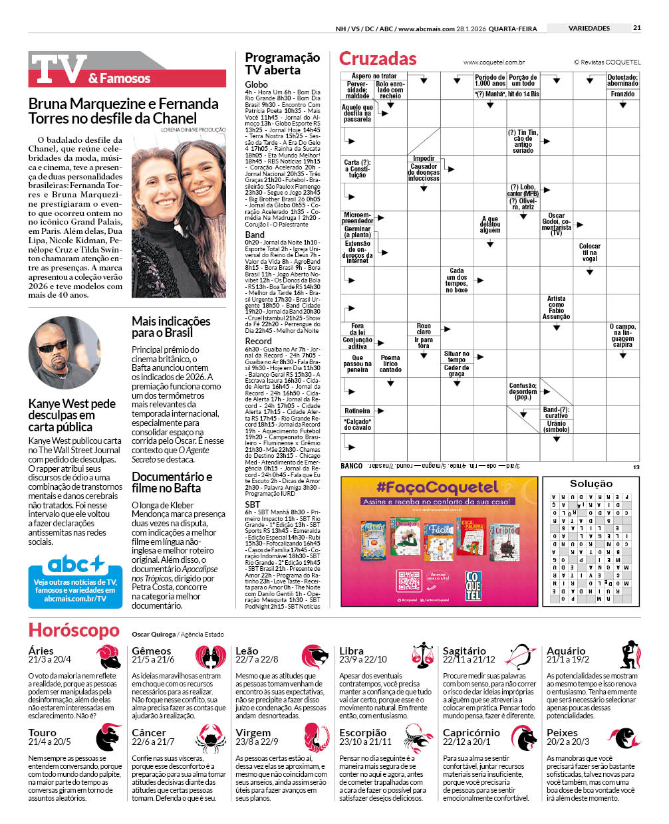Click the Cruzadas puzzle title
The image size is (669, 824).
(x=378, y=58)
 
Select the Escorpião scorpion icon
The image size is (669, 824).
(x=418, y=738)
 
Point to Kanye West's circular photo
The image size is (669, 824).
(x=64, y=353)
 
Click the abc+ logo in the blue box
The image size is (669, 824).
(x=75, y=566)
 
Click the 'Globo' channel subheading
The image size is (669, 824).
(x=256, y=84)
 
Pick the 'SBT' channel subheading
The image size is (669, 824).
(x=253, y=504)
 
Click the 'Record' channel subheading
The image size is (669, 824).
(x=258, y=341)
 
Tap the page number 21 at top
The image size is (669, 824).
(x=636, y=28)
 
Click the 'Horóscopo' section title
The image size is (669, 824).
(x=74, y=630)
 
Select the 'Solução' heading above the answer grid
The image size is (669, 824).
(x=591, y=484)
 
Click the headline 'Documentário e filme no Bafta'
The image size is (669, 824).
(x=172, y=482)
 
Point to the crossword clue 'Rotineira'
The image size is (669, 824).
(x=357, y=411)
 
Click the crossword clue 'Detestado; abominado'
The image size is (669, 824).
(x=622, y=80)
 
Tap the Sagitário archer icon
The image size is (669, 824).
(x=521, y=656)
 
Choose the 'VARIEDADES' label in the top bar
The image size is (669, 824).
(x=589, y=28)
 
